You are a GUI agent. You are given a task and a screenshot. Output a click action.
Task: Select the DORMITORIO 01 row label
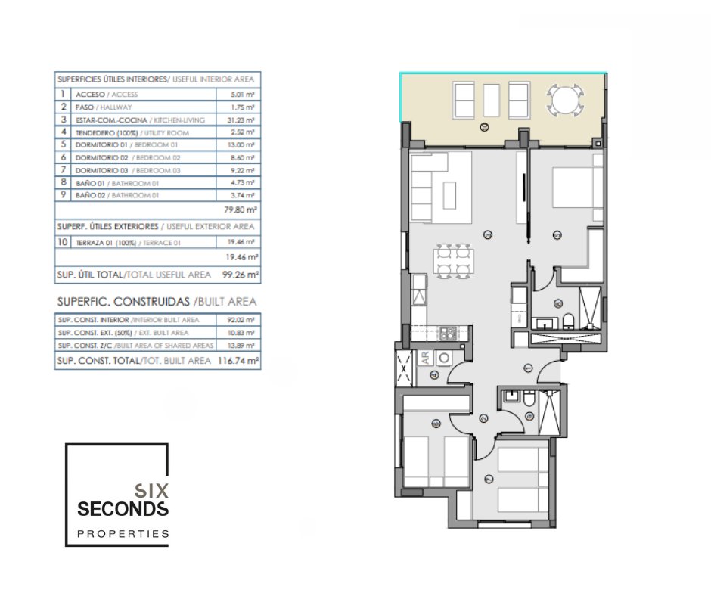101,145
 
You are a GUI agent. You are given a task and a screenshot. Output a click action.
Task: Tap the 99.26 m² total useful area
241,275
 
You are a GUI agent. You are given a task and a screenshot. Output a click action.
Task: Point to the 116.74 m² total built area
238,361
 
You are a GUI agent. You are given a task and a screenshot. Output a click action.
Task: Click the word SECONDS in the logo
123,509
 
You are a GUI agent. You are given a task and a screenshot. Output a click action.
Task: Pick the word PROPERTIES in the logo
123,534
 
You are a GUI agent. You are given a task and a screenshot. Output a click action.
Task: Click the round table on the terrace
566,99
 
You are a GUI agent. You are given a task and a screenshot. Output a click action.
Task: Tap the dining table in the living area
453,261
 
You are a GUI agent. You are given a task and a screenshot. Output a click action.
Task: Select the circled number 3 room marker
488,235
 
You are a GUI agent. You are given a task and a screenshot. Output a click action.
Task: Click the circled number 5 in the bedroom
557,235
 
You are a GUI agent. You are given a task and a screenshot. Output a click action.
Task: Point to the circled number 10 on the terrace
485,128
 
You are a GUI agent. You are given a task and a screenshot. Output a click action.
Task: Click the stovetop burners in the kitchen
448,334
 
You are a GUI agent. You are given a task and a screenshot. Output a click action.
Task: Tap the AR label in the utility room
425,358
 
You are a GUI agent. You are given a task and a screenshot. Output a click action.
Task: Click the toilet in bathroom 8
568,321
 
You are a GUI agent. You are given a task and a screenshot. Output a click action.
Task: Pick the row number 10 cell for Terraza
63,242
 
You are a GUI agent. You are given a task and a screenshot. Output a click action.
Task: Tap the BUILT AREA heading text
227,302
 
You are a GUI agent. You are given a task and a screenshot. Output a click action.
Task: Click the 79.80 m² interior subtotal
241,210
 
